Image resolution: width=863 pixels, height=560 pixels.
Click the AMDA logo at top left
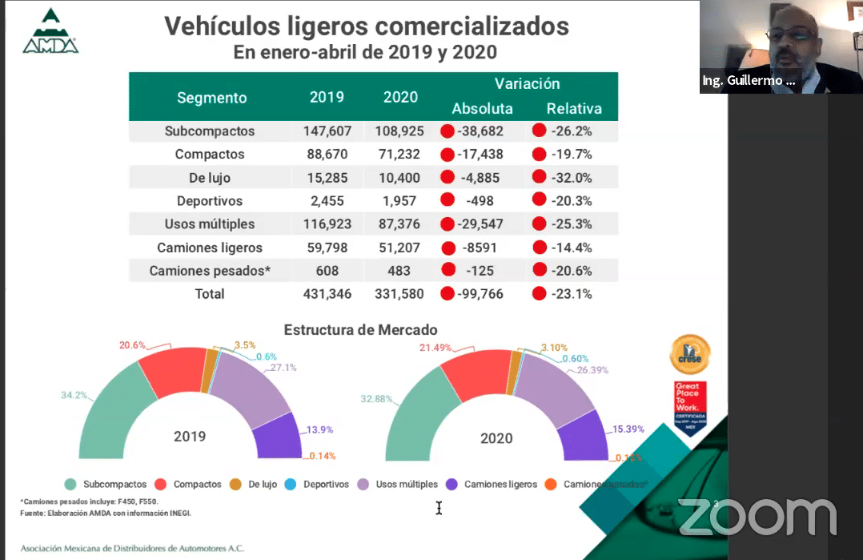[50, 32]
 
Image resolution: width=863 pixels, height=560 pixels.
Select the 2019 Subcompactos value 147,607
[327, 131]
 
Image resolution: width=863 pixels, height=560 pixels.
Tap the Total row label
[210, 294]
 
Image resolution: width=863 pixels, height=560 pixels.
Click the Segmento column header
[211, 98]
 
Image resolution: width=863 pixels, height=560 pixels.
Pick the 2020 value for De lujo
[399, 178]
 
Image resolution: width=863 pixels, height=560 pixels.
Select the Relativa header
[573, 108]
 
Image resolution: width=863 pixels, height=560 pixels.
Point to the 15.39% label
[628, 429]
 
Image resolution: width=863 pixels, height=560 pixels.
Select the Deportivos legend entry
[318, 484]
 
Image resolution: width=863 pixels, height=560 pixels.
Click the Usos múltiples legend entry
[398, 484]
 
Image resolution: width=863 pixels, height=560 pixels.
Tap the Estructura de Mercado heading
[360, 329]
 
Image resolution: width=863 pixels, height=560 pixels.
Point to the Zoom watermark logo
[757, 517]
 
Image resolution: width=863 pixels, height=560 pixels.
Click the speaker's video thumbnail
[781, 46]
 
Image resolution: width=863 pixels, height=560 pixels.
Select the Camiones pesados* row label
[210, 271]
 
